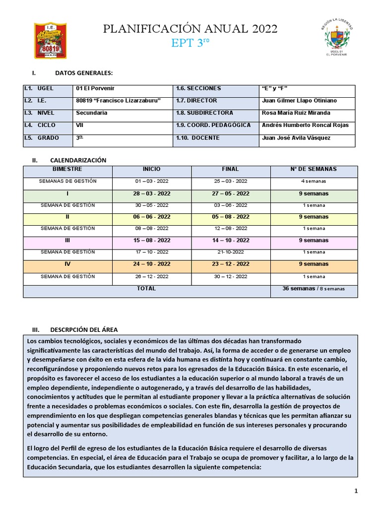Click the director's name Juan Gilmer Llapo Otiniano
coord(299,101)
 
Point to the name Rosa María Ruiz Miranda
coord(296,113)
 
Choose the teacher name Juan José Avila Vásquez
coord(296,138)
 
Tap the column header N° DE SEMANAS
coord(313,169)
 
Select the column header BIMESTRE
coord(67,169)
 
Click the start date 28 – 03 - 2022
coord(151,193)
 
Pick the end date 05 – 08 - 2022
coord(231,217)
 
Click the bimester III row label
coord(67,240)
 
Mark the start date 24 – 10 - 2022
coord(151,264)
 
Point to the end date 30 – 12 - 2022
coord(231,276)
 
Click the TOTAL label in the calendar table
coord(146,288)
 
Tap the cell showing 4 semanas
coord(313,181)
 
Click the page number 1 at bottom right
coord(356,491)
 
